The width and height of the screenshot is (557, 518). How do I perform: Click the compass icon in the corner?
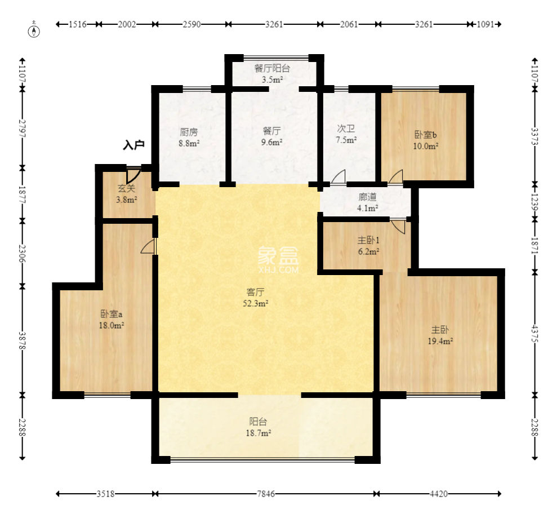coord(34,31)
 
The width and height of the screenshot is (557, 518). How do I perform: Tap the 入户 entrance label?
coord(133,145)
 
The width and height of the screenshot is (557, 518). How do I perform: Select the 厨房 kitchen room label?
coord(189,132)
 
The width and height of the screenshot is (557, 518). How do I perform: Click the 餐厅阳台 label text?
coord(272,68)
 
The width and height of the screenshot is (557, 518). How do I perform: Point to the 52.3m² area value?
coord(256,303)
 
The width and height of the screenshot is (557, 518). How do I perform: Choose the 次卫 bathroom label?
coord(346,129)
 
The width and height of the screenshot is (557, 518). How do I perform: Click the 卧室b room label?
coord(426,134)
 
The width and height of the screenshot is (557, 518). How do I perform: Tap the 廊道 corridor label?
coord(367,197)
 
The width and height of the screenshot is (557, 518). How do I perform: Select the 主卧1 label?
coord(368,240)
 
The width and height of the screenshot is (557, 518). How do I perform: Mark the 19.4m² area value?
coord(440,341)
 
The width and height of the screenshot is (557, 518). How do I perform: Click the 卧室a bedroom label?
coord(112,314)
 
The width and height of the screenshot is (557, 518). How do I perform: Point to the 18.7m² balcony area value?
coord(259,433)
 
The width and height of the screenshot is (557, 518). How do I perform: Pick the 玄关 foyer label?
coord(127,188)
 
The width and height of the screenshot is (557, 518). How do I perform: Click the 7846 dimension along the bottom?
coord(266,494)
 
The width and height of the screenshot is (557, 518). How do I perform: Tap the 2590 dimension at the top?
coord(192,24)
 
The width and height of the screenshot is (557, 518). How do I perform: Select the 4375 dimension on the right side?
coord(535,334)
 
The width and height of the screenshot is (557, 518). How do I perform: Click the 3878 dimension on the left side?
coord(22,340)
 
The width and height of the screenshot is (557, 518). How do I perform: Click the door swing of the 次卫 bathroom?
coord(338,176)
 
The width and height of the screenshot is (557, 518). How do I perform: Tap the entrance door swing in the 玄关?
coord(134,175)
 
